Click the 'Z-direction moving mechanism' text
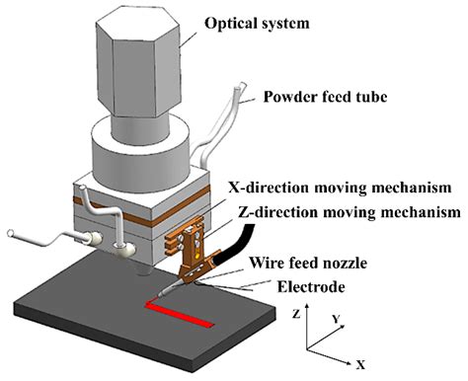tap(351, 212)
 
